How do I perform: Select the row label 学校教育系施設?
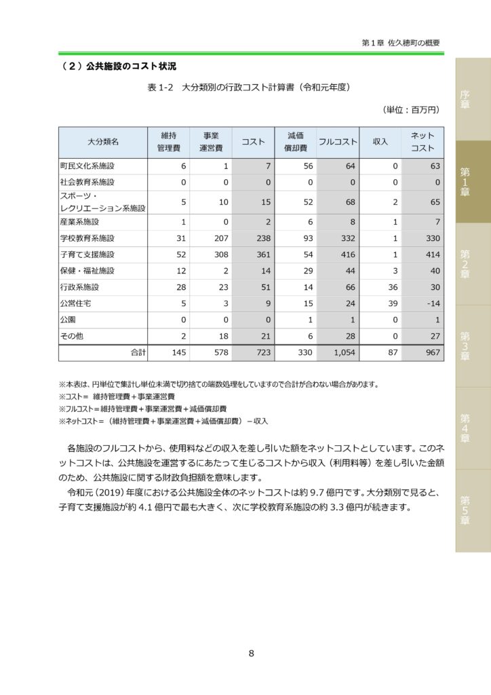click(x=87, y=238)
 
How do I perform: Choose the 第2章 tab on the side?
click(x=465, y=264)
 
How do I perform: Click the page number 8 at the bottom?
click(x=251, y=654)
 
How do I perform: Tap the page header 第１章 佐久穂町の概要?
click(x=401, y=42)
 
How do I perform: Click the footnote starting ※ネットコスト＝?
click(x=163, y=421)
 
